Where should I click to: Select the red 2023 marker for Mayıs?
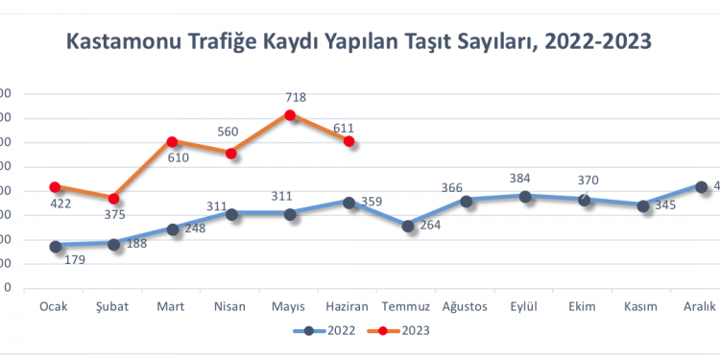(290, 115)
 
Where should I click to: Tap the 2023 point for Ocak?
(55, 187)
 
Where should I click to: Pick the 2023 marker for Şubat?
(113, 199)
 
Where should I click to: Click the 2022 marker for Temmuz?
(408, 226)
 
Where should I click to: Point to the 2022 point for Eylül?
(525, 196)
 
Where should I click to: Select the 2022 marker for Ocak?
(55, 246)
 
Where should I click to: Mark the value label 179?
(74, 259)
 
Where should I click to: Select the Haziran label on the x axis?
(348, 306)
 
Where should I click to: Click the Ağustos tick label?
(466, 306)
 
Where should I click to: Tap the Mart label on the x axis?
(172, 306)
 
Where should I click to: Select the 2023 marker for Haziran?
(349, 141)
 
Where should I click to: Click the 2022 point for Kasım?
(642, 205)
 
